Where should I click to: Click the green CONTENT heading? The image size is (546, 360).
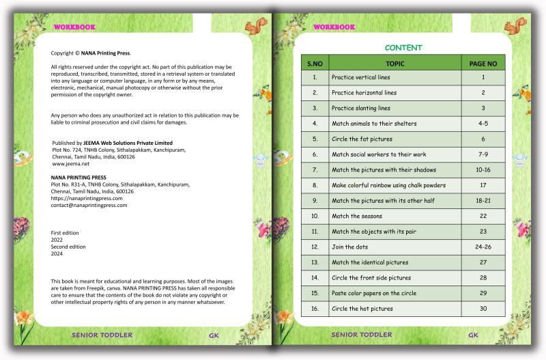403,48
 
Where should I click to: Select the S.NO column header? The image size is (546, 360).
315,64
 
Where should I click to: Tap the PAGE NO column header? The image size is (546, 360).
483,64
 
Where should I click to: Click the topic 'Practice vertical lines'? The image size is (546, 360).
361,77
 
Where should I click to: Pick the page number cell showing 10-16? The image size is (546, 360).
483,169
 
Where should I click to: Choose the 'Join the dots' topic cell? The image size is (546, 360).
350,247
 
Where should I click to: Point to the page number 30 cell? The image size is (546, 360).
483,308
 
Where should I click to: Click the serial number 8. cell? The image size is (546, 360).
315,185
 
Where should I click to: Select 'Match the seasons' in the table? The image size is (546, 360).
356,216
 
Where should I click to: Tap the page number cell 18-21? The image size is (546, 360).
483,200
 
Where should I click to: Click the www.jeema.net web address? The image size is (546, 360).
72,164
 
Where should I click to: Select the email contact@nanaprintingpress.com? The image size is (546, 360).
89,205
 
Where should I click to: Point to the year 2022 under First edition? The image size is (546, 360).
57,240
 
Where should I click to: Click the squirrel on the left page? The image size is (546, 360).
256,27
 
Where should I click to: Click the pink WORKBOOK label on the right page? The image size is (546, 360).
334,27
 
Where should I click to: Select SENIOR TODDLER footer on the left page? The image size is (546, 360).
102,335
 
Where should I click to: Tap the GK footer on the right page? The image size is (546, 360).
473,335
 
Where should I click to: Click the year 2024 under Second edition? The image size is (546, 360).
57,253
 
